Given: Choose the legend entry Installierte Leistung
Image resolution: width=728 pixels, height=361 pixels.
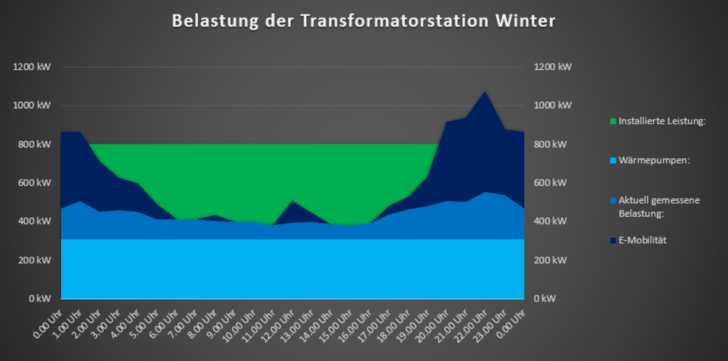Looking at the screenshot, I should pos(662,121).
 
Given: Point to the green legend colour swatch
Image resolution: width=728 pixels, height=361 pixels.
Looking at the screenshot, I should pos(613,121).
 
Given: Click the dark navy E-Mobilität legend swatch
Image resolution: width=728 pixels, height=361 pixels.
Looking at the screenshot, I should pos(613,241).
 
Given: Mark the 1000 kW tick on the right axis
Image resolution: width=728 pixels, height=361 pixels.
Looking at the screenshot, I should pos(552,106).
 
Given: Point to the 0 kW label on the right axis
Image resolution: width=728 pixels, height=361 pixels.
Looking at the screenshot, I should pos(545,299).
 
